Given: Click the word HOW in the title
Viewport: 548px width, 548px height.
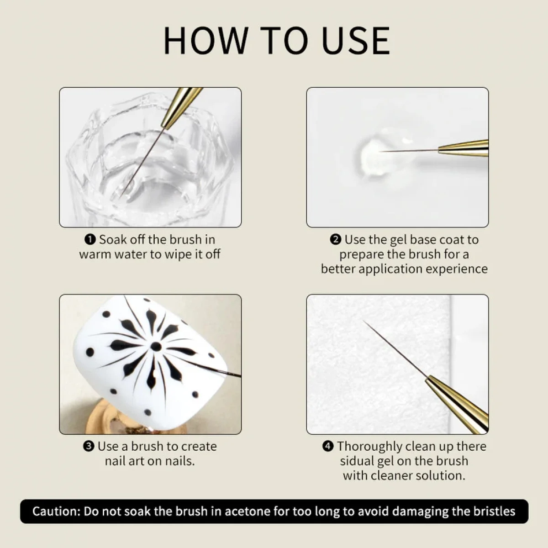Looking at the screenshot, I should click(205, 41).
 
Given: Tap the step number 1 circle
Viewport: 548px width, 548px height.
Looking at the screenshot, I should click(90, 240).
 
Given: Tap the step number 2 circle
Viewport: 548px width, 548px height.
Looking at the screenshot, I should click(336, 240).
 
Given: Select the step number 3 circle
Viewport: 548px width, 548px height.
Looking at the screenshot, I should click(89, 447).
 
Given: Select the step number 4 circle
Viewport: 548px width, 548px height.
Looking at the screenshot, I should click(328, 447).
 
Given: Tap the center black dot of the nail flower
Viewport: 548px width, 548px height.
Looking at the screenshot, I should click(156, 347).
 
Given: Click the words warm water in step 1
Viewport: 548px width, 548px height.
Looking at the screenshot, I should click(113, 254).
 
